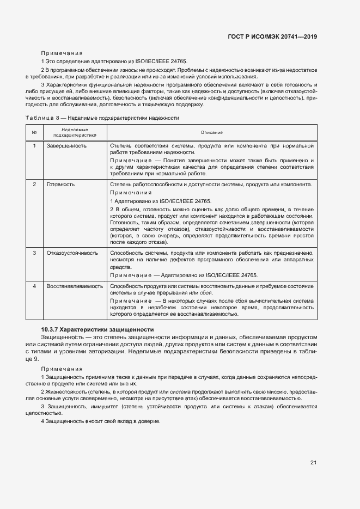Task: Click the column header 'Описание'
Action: (x=211, y=132)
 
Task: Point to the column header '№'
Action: (x=34, y=132)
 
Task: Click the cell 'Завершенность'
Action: (x=66, y=146)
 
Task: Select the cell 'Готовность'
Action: (x=60, y=185)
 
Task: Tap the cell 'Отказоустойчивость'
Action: (x=72, y=253)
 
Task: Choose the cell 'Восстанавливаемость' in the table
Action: (x=75, y=286)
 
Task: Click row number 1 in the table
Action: (x=34, y=146)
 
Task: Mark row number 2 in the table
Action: (x=34, y=185)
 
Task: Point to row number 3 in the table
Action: (x=34, y=253)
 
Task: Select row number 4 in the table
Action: (x=34, y=286)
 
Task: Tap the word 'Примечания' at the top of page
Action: (x=62, y=53)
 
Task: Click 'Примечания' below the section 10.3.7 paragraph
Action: (x=62, y=369)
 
